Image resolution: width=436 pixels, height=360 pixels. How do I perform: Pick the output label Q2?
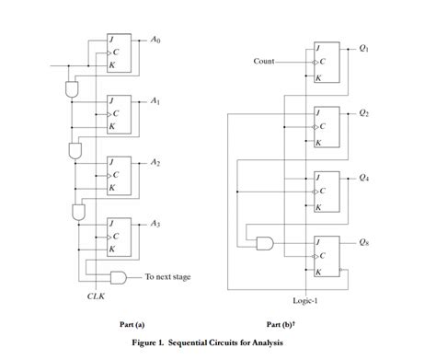(x=364, y=113)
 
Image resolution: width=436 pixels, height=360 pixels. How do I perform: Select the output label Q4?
(x=364, y=177)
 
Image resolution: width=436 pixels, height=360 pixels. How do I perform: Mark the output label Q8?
(x=364, y=241)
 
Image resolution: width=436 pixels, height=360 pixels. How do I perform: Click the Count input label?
(x=264, y=62)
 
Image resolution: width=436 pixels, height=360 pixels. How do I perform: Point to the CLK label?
(x=96, y=296)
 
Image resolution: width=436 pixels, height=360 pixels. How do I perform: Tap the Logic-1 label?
(x=305, y=300)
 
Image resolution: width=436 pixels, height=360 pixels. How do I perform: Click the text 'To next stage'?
(x=167, y=276)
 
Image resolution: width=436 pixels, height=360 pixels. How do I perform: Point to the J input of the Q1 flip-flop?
(x=318, y=48)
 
